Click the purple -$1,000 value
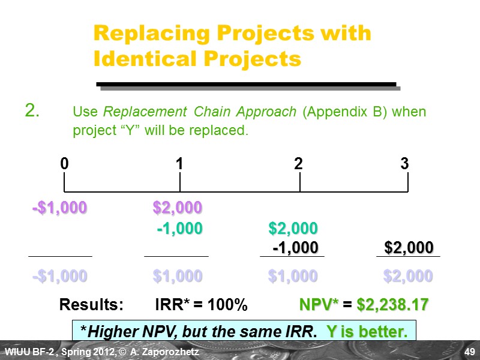[59, 208]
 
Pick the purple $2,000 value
[177, 208]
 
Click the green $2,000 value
[293, 228]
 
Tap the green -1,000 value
[179, 228]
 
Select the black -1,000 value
[295, 248]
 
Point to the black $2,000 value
[409, 248]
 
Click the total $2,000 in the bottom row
[408, 276]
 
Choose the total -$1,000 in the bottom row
[59, 276]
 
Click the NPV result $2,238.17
[392, 305]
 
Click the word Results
[91, 305]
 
